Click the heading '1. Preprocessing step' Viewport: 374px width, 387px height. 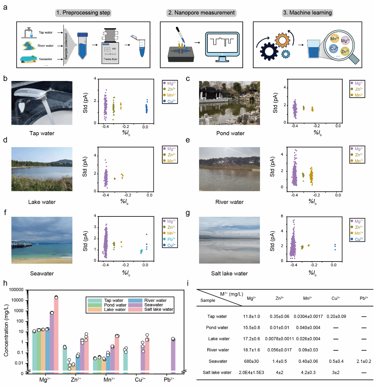click(83, 13)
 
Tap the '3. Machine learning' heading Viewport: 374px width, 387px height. click(307, 13)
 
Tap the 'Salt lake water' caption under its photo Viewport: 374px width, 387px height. click(229, 274)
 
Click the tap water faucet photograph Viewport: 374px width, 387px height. click(42, 103)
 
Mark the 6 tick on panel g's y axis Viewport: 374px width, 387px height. click(282, 216)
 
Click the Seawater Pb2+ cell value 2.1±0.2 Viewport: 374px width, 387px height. click(364, 361)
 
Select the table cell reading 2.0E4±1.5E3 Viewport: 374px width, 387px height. click(251, 372)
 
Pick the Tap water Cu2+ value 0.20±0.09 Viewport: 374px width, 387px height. click(336, 316)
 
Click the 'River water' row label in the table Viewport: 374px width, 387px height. click(218, 350)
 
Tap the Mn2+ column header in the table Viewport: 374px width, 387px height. click(307, 298)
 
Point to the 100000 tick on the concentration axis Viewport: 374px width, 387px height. click(16, 290)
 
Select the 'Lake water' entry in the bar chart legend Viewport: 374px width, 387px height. click(115, 310)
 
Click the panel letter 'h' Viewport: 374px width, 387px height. click(5, 283)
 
